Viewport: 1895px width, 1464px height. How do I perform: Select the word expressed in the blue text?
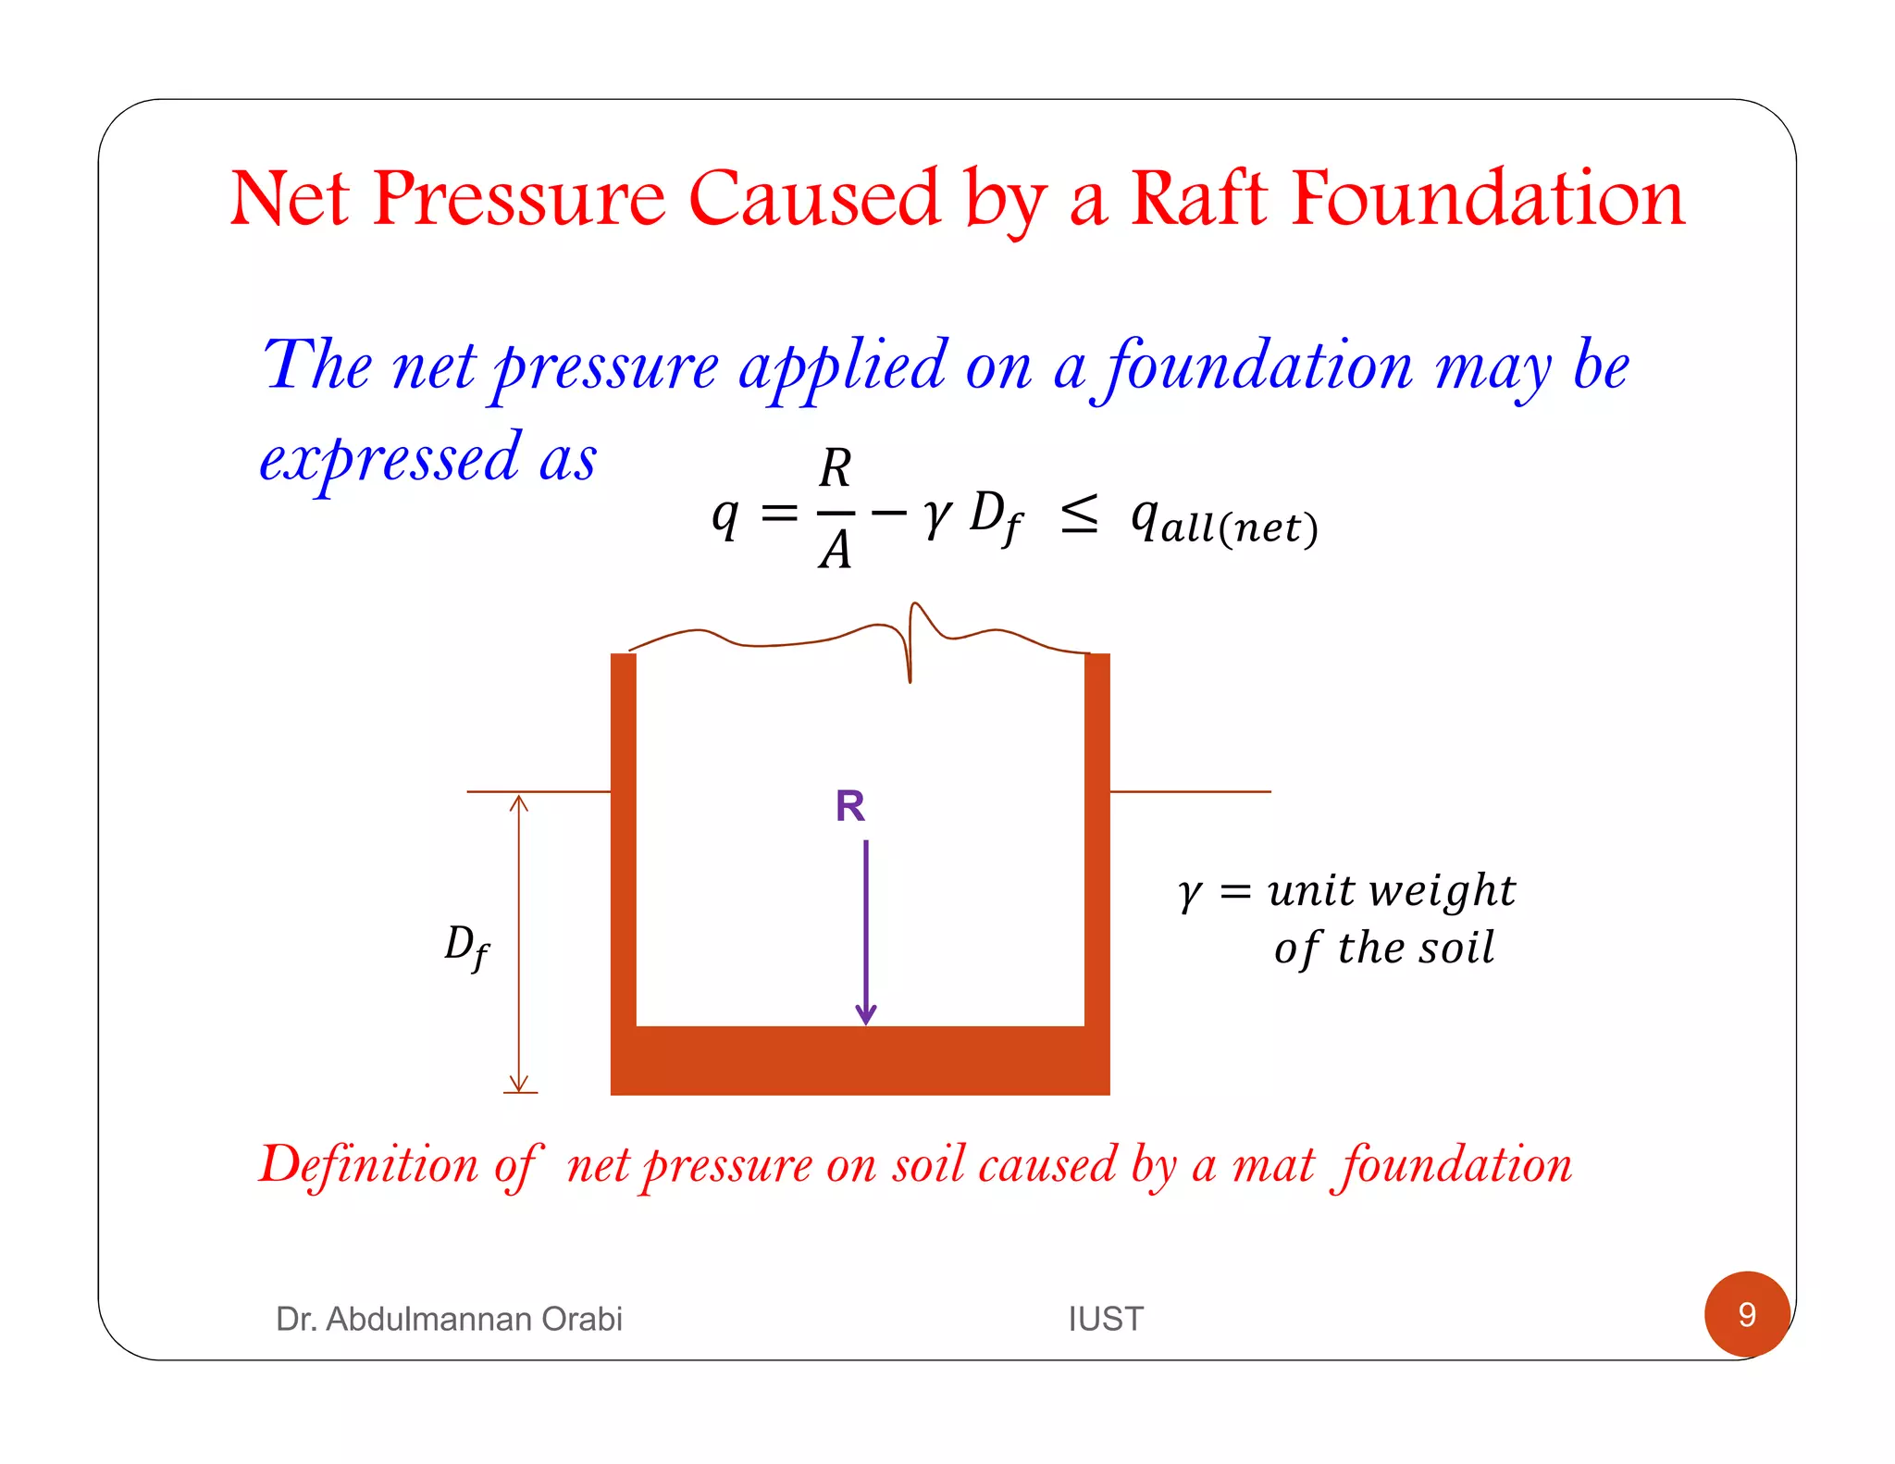click(x=390, y=459)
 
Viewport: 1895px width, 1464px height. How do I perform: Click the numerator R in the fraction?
click(x=835, y=468)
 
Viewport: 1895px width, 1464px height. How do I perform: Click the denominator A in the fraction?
click(x=835, y=550)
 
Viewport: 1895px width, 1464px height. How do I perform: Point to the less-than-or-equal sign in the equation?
click(x=1079, y=515)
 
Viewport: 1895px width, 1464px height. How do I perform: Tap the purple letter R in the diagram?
click(x=849, y=806)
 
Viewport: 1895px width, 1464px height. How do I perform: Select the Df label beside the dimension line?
click(x=466, y=946)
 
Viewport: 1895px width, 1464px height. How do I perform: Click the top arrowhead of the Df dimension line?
click(x=519, y=801)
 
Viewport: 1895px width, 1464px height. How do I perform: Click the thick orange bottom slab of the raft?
click(x=861, y=1061)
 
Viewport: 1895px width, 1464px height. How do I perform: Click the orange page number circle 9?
click(x=1746, y=1314)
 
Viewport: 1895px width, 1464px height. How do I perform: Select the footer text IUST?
click(x=1106, y=1318)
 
